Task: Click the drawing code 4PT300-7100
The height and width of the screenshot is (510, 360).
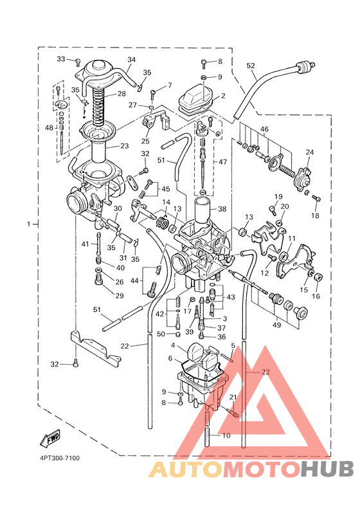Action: [60, 458]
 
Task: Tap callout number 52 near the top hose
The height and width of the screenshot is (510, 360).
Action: [251, 66]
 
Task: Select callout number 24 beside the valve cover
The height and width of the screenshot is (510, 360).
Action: [310, 152]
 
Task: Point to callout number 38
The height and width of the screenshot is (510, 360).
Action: [222, 209]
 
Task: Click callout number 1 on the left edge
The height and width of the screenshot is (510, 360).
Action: [29, 224]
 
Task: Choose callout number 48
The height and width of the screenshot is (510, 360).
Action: [49, 128]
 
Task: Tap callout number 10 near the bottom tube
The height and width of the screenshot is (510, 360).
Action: [226, 435]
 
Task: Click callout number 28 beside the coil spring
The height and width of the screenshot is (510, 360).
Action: [122, 94]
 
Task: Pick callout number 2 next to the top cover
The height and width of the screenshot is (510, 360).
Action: [223, 96]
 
